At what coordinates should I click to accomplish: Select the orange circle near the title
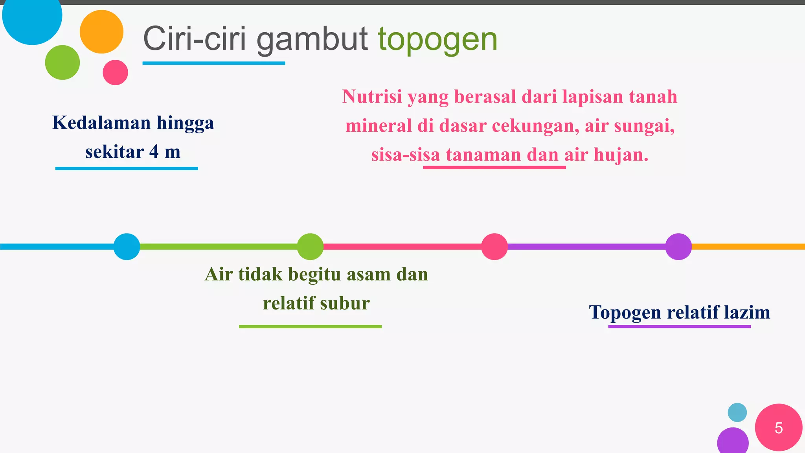point(101,32)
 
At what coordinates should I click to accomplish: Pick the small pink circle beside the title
point(115,72)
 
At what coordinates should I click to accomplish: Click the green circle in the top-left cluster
point(62,63)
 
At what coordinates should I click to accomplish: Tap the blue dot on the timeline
point(127,247)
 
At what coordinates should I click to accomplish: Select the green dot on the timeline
point(310,247)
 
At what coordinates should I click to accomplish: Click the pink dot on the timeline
point(494,247)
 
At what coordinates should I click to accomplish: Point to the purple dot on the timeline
point(678,247)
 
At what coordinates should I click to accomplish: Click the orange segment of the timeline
point(747,247)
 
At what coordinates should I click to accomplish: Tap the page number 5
point(778,428)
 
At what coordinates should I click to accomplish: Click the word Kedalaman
point(101,123)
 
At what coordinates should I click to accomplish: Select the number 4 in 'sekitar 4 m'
point(154,152)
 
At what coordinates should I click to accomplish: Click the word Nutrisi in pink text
point(372,97)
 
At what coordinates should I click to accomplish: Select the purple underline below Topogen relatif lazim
point(679,326)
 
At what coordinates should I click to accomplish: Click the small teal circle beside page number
point(737,412)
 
